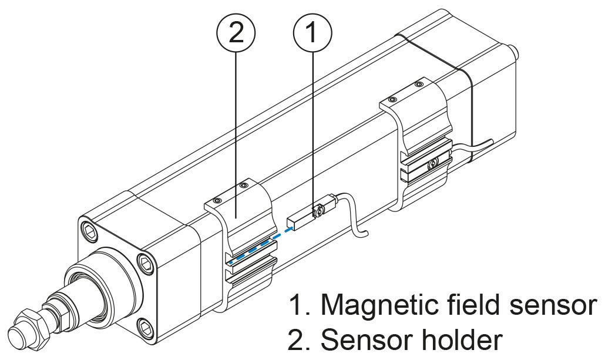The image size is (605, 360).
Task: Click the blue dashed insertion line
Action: (258, 245)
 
